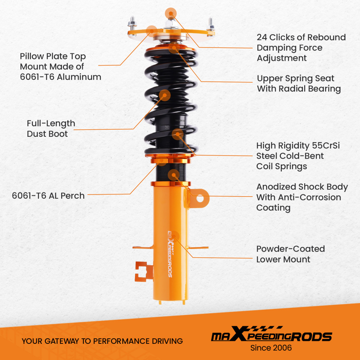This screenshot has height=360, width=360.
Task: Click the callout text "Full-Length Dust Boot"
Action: pyautogui.click(x=51, y=129)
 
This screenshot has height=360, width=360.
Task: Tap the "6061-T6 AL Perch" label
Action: pyautogui.click(x=48, y=196)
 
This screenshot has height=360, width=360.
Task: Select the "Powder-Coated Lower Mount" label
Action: pyautogui.click(x=291, y=254)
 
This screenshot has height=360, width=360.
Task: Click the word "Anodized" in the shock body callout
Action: pyautogui.click(x=276, y=187)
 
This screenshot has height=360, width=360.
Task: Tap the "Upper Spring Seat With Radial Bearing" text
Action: pyautogui.click(x=299, y=84)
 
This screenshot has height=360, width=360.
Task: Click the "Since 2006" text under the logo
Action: pyautogui.click(x=271, y=348)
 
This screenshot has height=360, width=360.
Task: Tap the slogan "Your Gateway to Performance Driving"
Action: pyautogui.click(x=102, y=341)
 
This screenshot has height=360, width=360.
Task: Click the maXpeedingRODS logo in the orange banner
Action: pyautogui.click(x=271, y=336)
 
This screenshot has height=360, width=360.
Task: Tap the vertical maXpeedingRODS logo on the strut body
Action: pyautogui.click(x=170, y=253)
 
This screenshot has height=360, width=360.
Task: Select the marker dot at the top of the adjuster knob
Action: pyautogui.click(x=170, y=14)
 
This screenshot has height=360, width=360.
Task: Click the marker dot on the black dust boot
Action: pyautogui.click(x=165, y=95)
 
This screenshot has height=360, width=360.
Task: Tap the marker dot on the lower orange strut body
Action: pyautogui.click(x=175, y=235)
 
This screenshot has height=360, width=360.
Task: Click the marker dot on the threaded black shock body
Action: pyautogui.click(x=174, y=175)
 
